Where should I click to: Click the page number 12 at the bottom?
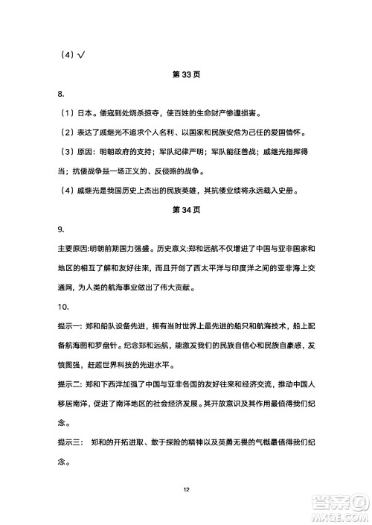[x=186, y=489]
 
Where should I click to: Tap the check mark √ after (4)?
[x=83, y=54]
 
